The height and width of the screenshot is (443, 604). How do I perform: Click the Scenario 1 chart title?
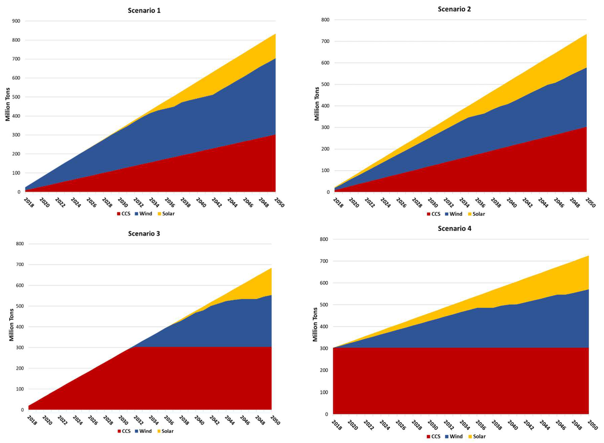click(x=144, y=10)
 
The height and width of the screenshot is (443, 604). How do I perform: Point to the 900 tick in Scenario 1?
click(x=16, y=21)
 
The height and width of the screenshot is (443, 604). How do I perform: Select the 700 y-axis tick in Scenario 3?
click(x=20, y=265)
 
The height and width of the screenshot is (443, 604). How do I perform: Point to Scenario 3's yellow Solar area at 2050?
click(x=269, y=279)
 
